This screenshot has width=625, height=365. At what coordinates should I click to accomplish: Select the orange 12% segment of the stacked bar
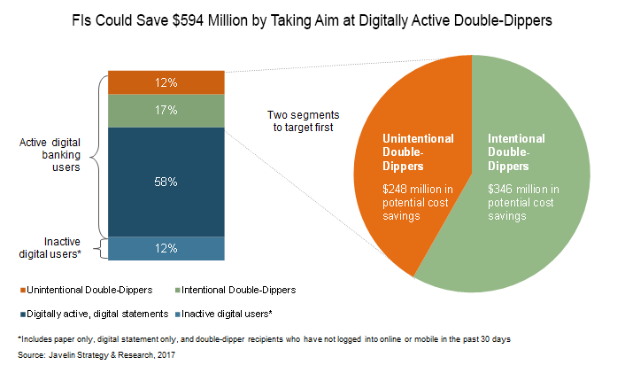165,82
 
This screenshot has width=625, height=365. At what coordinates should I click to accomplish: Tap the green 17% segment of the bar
165,111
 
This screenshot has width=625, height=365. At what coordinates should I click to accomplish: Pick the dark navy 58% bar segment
165,181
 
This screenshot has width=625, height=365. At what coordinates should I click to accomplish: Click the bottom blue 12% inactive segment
165,248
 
